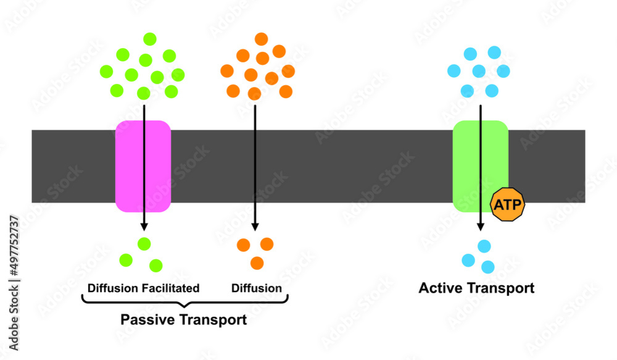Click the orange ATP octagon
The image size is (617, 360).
pyautogui.click(x=507, y=204)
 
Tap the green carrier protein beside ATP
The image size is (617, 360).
pyautogui.click(x=475, y=161)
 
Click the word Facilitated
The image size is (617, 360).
pyautogui.click(x=170, y=288)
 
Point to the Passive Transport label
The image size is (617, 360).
pyautogui.click(x=183, y=320)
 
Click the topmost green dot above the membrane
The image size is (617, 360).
pyautogui.click(x=150, y=39)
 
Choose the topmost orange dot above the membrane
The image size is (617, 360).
pyautogui.click(x=262, y=39)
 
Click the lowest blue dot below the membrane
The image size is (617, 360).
pyautogui.click(x=488, y=267)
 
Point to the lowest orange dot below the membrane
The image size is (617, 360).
pyautogui.click(x=257, y=263)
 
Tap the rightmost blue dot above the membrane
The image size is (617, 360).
pyautogui.click(x=503, y=70)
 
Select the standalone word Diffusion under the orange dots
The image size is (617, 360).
pyautogui.click(x=257, y=288)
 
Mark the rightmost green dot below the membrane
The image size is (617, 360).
pyautogui.click(x=156, y=266)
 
